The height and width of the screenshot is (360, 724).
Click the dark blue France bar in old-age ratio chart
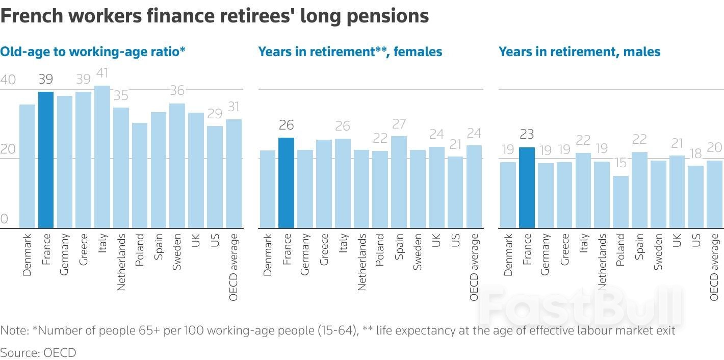[x=46, y=160]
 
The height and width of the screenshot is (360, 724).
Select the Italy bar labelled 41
[x=102, y=157]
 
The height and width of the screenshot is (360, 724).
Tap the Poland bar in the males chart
[x=620, y=202]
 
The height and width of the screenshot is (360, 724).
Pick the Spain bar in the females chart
[x=399, y=182]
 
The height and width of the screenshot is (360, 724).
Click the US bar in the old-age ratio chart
[x=215, y=177]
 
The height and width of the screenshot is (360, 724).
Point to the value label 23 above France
[x=527, y=134]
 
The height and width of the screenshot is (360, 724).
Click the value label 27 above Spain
[x=399, y=124]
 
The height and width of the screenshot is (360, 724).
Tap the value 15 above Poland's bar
[x=620, y=163]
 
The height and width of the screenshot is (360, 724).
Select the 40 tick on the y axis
[x=8, y=80]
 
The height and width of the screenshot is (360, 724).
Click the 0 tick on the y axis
[x=5, y=219]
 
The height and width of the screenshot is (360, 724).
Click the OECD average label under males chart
[x=714, y=267]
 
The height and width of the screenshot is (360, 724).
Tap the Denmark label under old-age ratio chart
[x=27, y=255]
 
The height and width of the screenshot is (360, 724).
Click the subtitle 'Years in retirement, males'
[x=579, y=52]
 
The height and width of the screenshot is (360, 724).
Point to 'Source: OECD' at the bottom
[x=38, y=352]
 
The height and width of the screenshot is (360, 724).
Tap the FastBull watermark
[x=581, y=306]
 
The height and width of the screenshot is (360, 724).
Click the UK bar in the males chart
[x=677, y=192]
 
